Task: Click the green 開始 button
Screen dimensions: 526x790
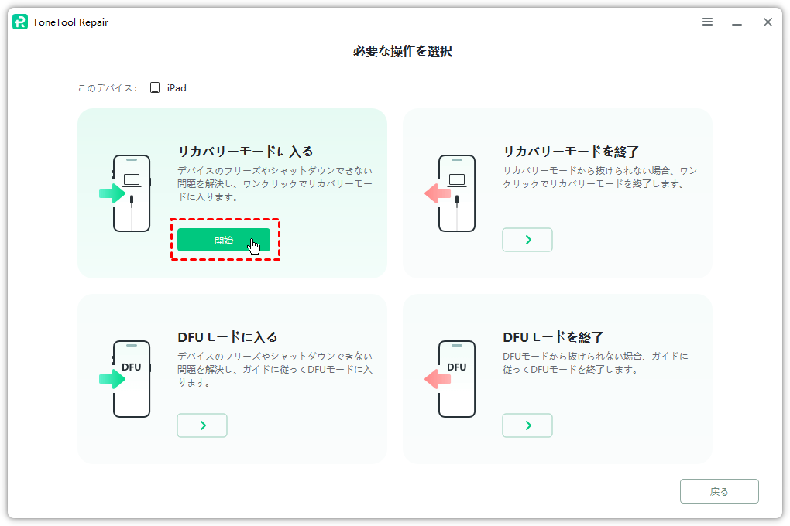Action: (223, 240)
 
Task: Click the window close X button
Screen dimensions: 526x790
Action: (768, 22)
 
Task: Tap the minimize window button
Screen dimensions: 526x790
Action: (737, 22)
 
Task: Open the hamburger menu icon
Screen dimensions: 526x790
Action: (707, 22)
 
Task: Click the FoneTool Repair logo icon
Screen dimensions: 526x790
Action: (20, 22)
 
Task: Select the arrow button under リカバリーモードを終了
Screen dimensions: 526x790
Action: (527, 240)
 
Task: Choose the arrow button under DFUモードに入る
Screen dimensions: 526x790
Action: (202, 425)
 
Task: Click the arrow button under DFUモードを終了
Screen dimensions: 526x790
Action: (527, 425)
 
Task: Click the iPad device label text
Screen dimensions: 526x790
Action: (177, 88)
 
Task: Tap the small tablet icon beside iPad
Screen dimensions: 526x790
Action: (155, 88)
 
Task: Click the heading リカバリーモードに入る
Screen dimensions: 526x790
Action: (246, 152)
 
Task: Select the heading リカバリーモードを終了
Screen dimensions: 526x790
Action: (571, 152)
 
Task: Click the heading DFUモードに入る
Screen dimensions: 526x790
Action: (228, 337)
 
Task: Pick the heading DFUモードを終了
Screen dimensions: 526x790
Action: (553, 337)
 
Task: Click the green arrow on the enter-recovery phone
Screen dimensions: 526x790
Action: (112, 193)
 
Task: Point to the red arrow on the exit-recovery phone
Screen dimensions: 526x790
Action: (438, 193)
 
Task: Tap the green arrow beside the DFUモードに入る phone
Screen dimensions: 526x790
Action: (112, 379)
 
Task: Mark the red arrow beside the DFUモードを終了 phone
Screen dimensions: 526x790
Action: (438, 379)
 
